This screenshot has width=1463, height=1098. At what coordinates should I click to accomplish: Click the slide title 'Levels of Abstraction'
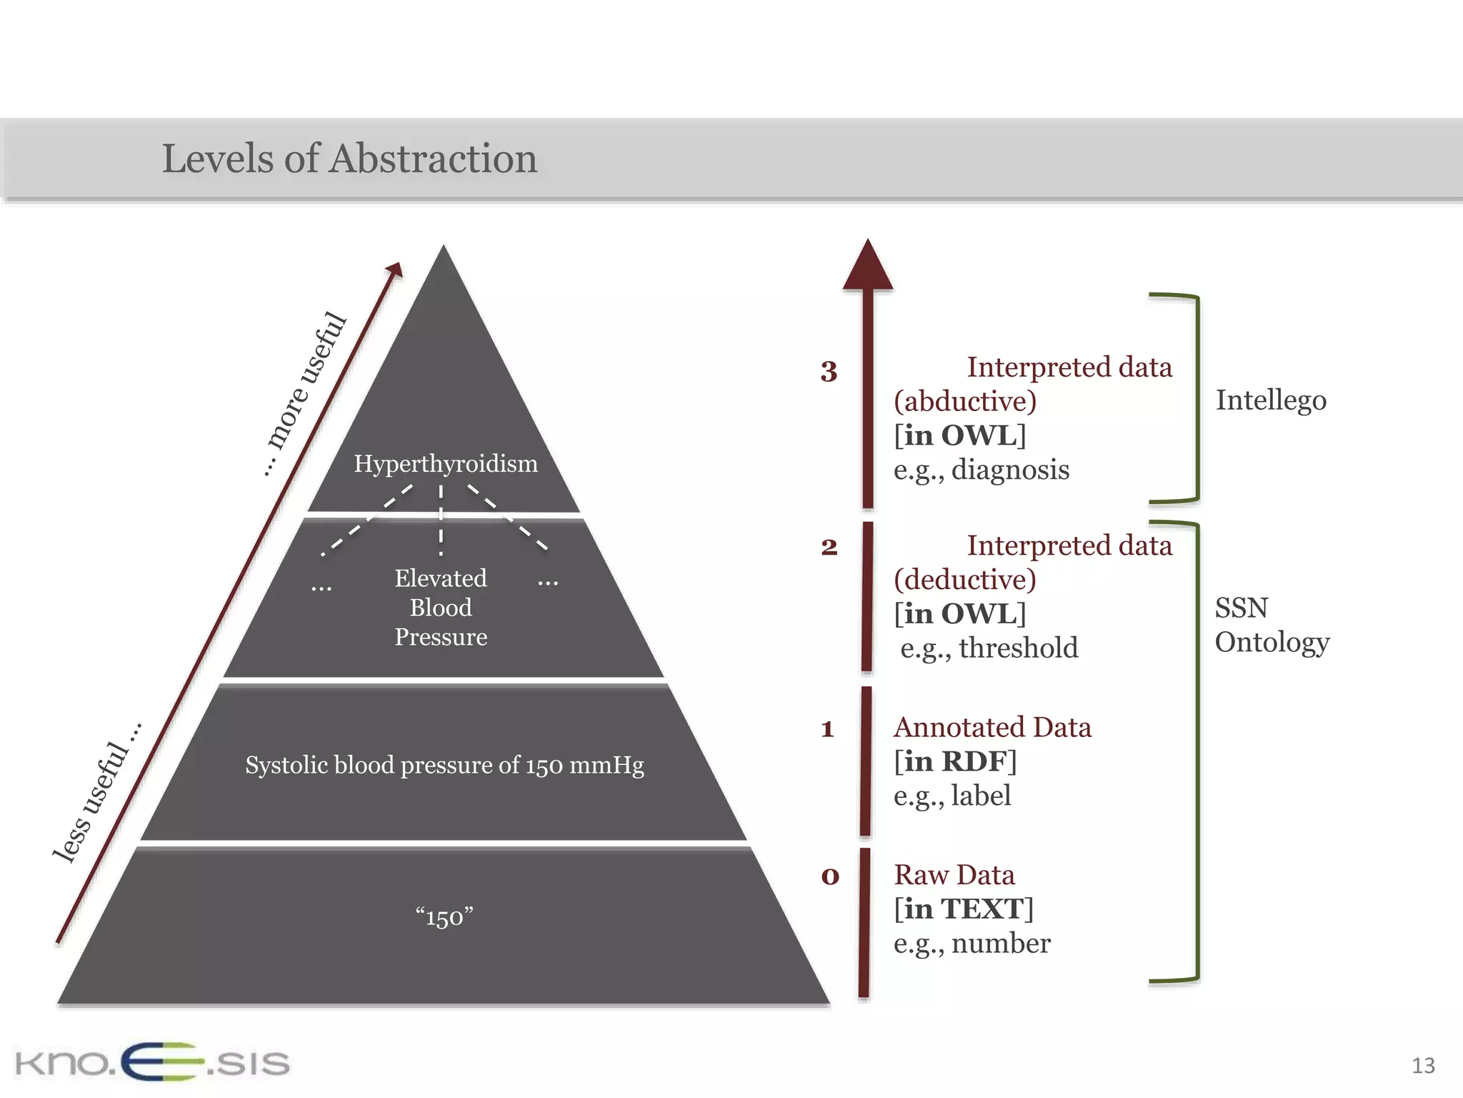(x=349, y=158)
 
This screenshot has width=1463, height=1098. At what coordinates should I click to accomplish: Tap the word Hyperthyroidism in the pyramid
(x=446, y=463)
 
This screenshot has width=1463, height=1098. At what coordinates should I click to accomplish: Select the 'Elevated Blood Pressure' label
(x=441, y=607)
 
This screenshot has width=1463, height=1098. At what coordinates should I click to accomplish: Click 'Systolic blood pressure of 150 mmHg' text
(x=444, y=765)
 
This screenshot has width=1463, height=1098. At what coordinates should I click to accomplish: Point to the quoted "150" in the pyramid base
(x=444, y=916)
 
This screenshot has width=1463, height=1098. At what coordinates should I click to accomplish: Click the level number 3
(x=829, y=372)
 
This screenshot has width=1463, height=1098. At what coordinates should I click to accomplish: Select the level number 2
(x=829, y=548)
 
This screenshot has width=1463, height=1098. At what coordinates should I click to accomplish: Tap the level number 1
(x=828, y=729)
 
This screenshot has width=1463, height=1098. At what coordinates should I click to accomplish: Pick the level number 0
(x=829, y=876)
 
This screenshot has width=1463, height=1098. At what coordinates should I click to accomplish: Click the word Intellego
(x=1271, y=400)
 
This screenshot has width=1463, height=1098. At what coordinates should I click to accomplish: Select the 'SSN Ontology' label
(x=1272, y=625)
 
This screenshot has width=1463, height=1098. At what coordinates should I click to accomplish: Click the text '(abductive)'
(x=965, y=401)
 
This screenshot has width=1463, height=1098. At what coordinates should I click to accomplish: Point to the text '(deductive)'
(x=965, y=579)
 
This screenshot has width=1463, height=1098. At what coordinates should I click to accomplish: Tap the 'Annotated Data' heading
(x=992, y=727)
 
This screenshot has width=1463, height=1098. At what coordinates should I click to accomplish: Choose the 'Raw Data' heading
(x=954, y=875)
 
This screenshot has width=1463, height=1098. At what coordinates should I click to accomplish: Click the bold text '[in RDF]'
(x=955, y=761)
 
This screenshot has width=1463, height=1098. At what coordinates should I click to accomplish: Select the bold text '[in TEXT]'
(x=964, y=909)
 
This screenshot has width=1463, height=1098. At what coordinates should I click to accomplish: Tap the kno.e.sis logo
(x=152, y=1062)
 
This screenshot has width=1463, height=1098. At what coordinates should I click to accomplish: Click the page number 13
(x=1423, y=1066)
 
